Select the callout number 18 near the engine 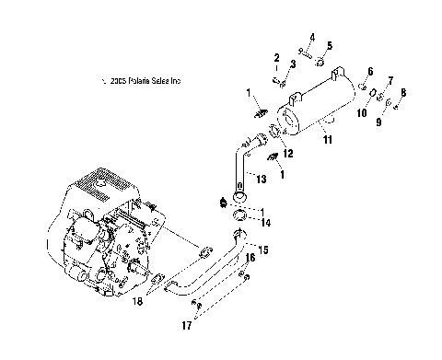tap(164, 301)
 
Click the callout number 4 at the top tap(311, 37)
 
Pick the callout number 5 tap(330, 45)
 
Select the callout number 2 tap(273, 57)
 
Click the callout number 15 tap(264, 250)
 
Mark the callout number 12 tap(288, 154)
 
